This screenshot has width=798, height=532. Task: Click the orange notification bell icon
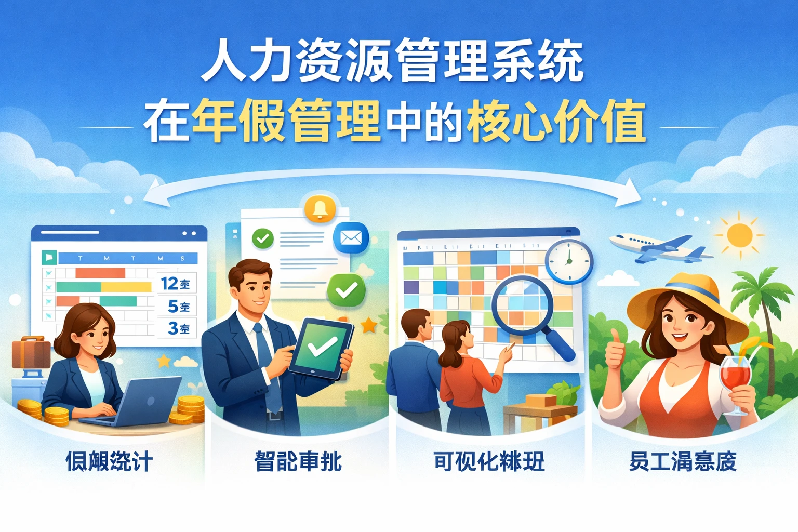tap(320, 208)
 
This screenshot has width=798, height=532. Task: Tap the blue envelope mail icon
tap(351, 238)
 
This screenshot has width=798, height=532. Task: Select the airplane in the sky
tap(660, 248)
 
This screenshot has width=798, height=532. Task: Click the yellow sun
tap(739, 235)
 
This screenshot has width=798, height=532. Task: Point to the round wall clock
tap(569, 261)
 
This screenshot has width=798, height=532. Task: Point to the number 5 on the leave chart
tap(173, 306)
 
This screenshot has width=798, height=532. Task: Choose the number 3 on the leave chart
tap(173, 328)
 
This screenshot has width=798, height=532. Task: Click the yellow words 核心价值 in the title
tap(556, 123)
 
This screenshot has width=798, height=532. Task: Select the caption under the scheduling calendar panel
tap(489, 461)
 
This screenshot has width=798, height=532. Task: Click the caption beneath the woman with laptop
tap(109, 461)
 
